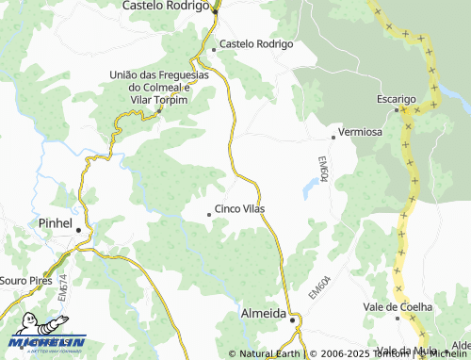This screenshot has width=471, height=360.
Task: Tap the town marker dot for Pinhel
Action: coord(79,229)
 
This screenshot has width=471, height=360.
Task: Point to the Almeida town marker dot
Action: coord(293,320)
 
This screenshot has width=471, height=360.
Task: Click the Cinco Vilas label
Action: coord(240,208)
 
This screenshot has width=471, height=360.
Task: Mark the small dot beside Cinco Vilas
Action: coord(209,215)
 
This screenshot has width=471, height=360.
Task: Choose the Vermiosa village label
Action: coord(360,132)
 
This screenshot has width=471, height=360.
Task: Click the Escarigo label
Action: coord(397,99)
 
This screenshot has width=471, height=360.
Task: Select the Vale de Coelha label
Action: coord(398,307)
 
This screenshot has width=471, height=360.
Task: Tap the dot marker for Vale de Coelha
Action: coord(398,319)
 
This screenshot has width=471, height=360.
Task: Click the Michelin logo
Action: coord(47,343)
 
